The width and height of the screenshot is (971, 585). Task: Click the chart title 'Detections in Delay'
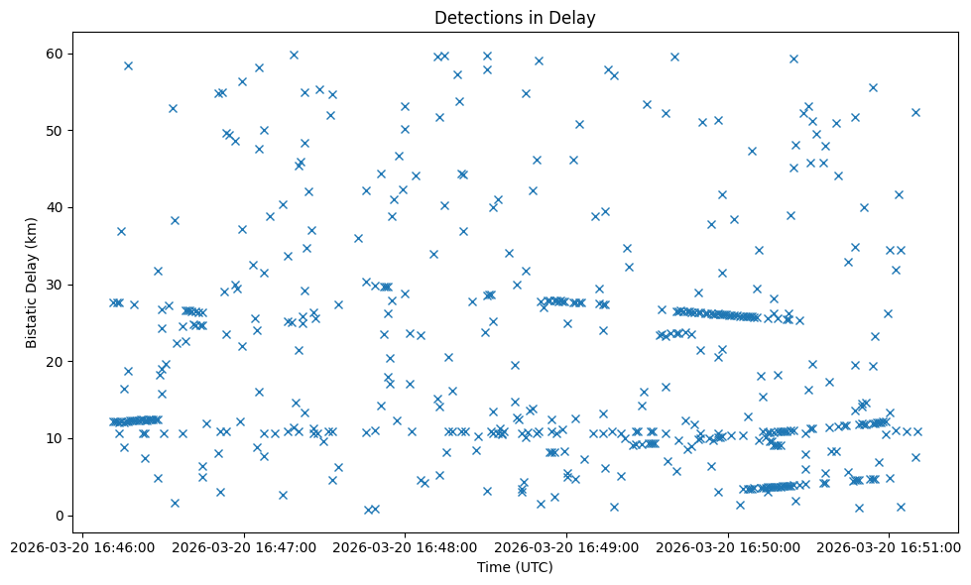515,18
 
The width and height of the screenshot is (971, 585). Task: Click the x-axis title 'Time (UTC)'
515,567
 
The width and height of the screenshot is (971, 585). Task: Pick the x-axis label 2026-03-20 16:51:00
890,547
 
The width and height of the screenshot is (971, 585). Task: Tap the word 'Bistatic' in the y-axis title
32,319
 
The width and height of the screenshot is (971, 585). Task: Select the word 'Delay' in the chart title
575,18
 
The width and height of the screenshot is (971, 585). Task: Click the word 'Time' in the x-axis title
494,567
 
